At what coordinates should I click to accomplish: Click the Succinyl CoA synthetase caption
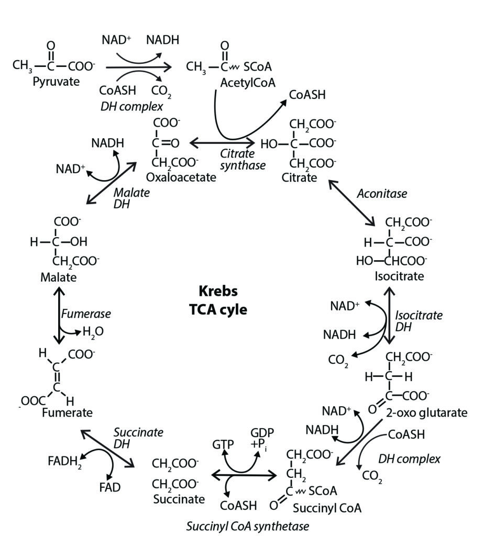click(x=247, y=526)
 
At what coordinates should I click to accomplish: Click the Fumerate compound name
click(x=67, y=412)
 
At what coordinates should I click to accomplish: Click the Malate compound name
click(x=58, y=277)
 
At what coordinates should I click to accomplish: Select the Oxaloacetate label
click(x=181, y=177)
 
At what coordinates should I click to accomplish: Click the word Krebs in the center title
click(x=218, y=291)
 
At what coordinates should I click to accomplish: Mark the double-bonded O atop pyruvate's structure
click(x=51, y=46)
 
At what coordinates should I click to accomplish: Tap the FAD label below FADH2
click(x=109, y=487)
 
